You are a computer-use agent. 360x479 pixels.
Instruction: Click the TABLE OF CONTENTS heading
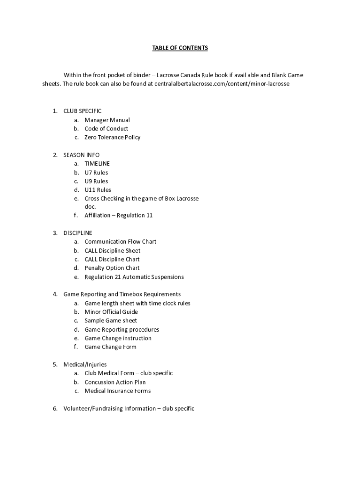tap(180, 48)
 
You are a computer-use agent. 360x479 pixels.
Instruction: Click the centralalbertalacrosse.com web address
tap(222, 84)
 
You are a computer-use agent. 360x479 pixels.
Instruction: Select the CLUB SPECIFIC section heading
tap(82, 111)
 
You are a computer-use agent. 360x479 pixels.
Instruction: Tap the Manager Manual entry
tap(107, 120)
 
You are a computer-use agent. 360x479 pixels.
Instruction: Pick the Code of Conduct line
tap(106, 129)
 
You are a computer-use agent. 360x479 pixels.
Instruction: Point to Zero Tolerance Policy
tap(112, 137)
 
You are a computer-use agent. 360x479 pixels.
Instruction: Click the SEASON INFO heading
tap(81, 155)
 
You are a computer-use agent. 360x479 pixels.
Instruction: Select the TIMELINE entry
tap(97, 164)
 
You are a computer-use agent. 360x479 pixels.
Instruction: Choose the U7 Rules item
tap(96, 173)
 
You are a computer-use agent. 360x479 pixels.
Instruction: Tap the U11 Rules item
tap(98, 190)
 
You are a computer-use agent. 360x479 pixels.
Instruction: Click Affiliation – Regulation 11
tap(118, 215)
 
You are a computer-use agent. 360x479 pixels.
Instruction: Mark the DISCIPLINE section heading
tap(78, 233)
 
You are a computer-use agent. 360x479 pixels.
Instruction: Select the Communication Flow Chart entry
tap(120, 241)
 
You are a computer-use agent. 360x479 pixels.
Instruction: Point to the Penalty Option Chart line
tap(112, 268)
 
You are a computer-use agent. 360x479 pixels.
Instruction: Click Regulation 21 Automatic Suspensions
tap(134, 277)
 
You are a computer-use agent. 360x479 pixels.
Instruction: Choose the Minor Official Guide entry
tap(111, 312)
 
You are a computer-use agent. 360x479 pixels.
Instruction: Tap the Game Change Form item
tap(110, 347)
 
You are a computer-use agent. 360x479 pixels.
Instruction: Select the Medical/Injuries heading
tap(85, 364)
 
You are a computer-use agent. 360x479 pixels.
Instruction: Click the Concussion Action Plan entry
tap(115, 382)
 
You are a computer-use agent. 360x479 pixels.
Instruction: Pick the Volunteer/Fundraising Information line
tap(129, 408)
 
